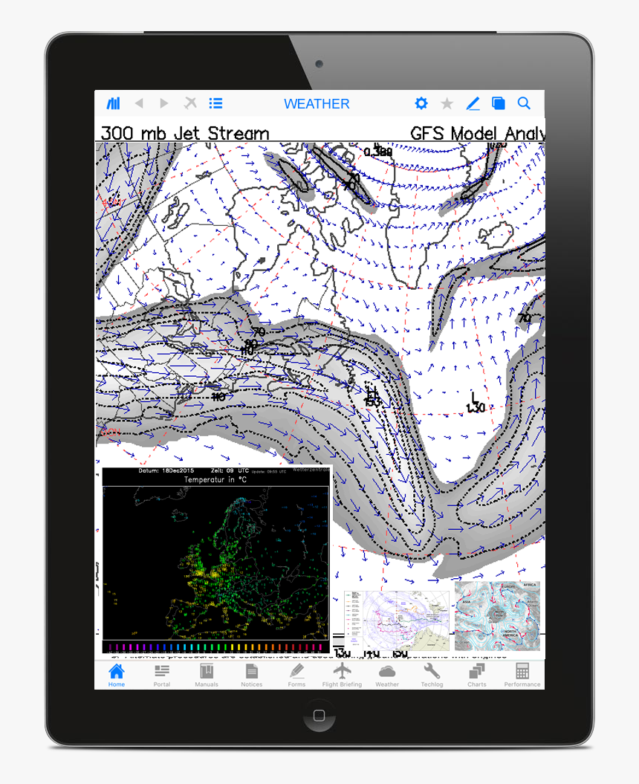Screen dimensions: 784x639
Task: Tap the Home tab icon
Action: tap(117, 673)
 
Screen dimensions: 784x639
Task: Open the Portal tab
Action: tap(162, 673)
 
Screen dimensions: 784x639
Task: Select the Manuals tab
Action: tap(206, 673)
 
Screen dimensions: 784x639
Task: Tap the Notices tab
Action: tap(251, 673)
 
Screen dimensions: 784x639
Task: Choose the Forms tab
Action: tap(296, 673)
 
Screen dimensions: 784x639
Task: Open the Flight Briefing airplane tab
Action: tap(342, 673)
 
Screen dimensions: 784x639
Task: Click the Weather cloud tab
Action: tap(387, 673)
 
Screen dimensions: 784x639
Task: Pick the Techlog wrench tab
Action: tap(432, 673)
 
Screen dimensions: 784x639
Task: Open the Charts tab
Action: tap(477, 673)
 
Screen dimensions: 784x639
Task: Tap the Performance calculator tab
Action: tap(522, 673)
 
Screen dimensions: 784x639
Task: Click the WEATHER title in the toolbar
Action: tap(317, 104)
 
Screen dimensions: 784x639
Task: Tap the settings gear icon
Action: tap(421, 104)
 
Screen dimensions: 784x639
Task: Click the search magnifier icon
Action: tap(524, 104)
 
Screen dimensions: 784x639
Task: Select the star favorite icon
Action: tap(447, 104)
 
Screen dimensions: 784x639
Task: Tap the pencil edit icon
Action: tap(473, 104)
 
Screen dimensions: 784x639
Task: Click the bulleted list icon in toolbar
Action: tap(215, 104)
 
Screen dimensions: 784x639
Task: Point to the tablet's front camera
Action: tap(319, 65)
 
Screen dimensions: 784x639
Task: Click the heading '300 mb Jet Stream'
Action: tap(185, 134)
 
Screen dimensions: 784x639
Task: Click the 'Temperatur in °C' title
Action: tap(215, 480)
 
